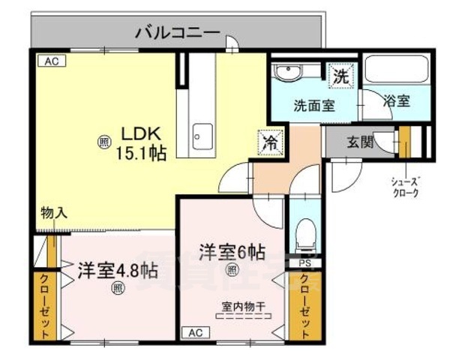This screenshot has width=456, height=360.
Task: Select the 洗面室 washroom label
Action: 313,105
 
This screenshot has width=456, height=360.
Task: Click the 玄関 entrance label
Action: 361,141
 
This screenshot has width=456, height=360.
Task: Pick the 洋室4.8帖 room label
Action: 117,270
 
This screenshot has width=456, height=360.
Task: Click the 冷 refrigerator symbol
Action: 271,140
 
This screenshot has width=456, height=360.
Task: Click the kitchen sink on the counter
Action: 201,136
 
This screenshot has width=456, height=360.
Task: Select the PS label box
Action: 305,262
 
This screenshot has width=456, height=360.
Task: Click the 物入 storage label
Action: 54,212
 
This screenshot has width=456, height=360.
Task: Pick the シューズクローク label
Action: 405,185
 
